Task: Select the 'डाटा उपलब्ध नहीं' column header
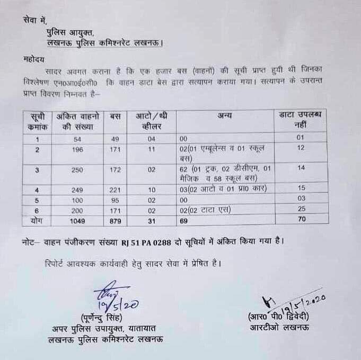[301, 120]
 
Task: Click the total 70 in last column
[301, 219]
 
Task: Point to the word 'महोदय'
[34, 58]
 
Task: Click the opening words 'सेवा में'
[35, 20]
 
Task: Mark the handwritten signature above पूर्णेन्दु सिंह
[107, 298]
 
